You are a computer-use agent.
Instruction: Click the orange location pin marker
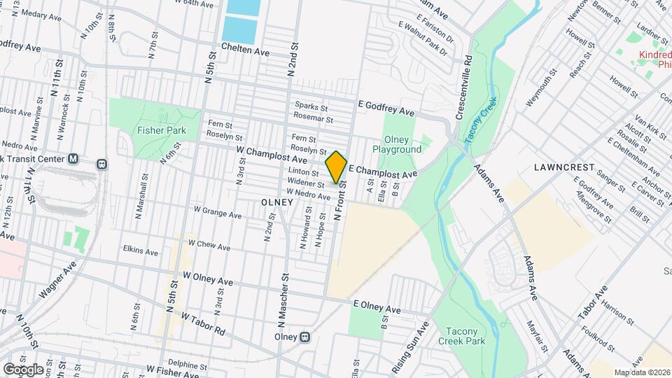(x=337, y=167)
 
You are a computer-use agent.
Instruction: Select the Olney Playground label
(x=397, y=144)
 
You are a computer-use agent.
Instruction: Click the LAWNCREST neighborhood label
(x=563, y=168)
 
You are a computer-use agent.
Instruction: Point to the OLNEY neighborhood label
(x=275, y=201)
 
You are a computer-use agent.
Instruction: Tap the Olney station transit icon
(x=304, y=337)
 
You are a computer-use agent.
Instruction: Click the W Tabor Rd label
(x=203, y=323)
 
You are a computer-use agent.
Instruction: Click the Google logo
(x=23, y=369)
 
